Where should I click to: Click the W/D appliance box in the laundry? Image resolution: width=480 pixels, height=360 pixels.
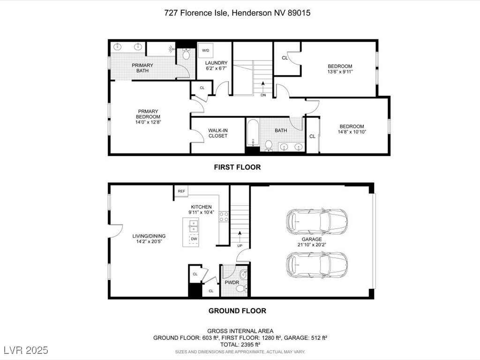[x=205, y=51]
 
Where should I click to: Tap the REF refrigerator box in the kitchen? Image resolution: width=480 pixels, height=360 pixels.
[x=181, y=191]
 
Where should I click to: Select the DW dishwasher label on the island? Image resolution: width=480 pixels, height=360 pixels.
[x=194, y=239]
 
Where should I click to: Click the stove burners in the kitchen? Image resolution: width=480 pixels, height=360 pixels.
[x=224, y=217]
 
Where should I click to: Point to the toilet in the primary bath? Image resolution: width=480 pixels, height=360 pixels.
[x=186, y=54]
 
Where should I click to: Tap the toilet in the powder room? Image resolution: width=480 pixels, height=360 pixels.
[x=241, y=288]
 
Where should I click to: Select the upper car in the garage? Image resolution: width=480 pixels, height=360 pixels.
[x=317, y=221]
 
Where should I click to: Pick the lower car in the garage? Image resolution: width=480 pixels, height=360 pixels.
[x=317, y=265]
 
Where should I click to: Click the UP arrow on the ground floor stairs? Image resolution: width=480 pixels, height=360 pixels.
[x=240, y=237]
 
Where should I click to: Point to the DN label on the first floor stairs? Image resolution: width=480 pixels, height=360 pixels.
[x=263, y=95]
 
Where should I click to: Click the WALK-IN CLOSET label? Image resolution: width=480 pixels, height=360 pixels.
[x=218, y=133]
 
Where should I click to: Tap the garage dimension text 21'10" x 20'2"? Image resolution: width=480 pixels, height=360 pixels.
[x=312, y=245]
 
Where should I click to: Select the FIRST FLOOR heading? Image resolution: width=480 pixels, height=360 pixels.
[x=237, y=167]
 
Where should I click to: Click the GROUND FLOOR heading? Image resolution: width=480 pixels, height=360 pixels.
[x=237, y=311]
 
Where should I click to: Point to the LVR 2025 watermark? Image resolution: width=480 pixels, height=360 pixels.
[x=26, y=350]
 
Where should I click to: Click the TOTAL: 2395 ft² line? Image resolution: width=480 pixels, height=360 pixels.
[x=240, y=345]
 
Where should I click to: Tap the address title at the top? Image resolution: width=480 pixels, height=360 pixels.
[x=237, y=13]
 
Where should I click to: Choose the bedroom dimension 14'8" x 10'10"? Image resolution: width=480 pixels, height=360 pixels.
[x=352, y=132]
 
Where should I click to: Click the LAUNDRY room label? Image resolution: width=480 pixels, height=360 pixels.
[x=216, y=63]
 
